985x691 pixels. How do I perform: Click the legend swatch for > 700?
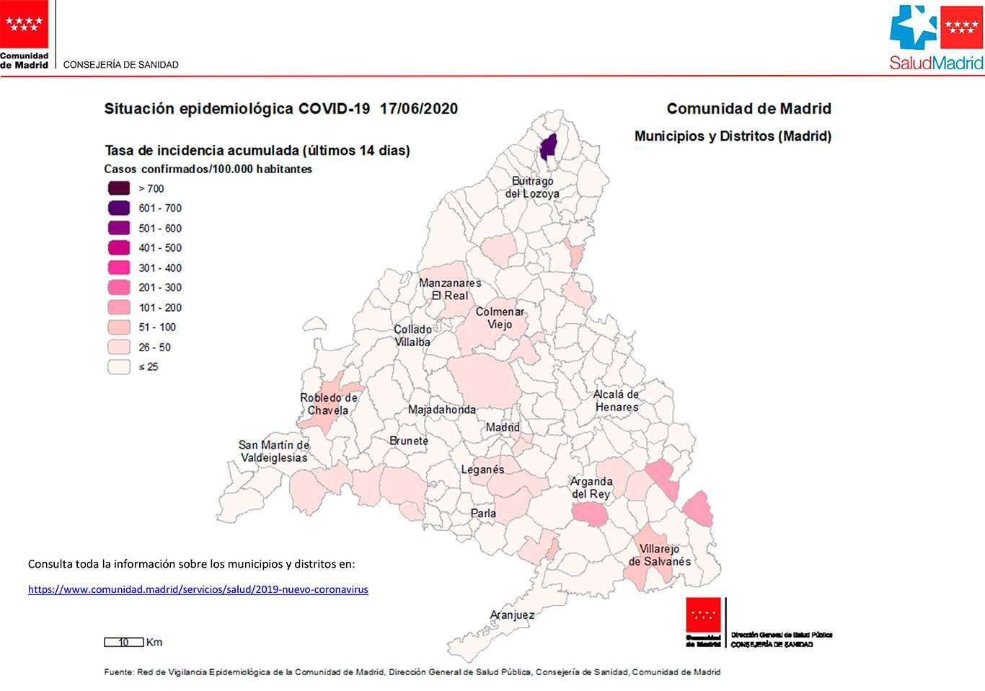click(119, 188)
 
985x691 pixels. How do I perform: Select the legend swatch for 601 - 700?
click(119, 208)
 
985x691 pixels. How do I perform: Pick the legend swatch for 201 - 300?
click(119, 287)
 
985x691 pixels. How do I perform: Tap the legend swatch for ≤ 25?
click(119, 366)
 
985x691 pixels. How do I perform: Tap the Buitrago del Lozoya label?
click(532, 188)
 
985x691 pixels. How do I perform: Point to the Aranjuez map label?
click(512, 615)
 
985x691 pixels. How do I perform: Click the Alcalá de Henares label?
click(617, 400)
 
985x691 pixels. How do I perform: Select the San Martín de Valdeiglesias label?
click(274, 451)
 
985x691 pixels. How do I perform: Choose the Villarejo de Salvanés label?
click(659, 555)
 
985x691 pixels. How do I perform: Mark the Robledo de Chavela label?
click(329, 404)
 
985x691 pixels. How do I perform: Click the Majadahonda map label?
click(442, 409)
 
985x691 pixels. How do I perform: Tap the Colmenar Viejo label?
click(500, 317)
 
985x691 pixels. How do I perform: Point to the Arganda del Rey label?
click(591, 488)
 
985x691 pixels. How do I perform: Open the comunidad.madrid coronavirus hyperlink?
click(198, 589)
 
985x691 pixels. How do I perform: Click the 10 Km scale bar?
click(124, 642)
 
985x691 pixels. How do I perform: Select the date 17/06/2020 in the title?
click(418, 108)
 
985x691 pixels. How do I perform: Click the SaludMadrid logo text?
click(936, 63)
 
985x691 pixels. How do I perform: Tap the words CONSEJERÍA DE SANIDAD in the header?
click(120, 64)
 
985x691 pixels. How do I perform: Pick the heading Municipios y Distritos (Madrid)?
click(733, 136)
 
